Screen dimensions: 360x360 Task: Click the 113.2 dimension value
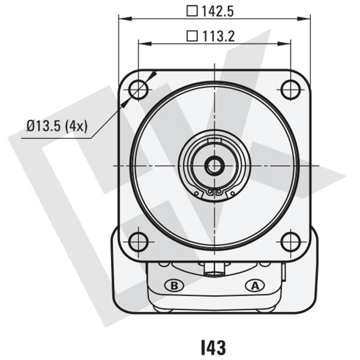click(x=218, y=36)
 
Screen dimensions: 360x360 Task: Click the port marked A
click(x=256, y=285)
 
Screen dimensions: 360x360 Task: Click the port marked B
click(x=174, y=285)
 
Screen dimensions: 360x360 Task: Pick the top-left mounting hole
click(x=139, y=89)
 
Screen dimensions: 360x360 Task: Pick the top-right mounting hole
click(x=290, y=89)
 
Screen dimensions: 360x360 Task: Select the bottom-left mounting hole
click(x=139, y=241)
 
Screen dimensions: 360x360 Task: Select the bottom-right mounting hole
click(x=290, y=241)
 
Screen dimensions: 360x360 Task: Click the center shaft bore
click(x=214, y=165)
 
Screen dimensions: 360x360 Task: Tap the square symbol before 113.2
click(x=192, y=36)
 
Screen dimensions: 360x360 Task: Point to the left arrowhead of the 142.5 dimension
click(x=122, y=18)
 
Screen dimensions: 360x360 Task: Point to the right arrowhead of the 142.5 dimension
click(x=307, y=18)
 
